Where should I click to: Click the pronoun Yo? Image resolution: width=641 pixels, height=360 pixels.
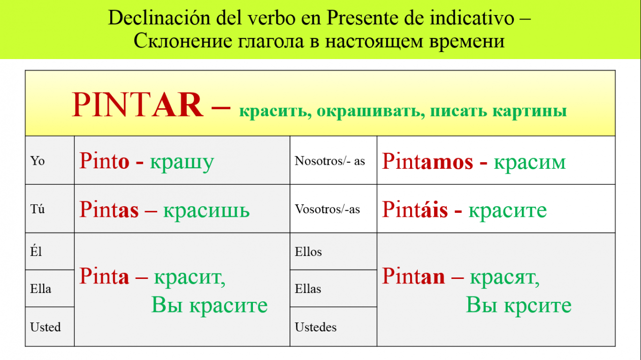pos(38,161)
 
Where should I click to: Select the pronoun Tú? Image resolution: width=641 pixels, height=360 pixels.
pos(38,209)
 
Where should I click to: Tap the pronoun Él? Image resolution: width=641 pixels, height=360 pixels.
pos(36,251)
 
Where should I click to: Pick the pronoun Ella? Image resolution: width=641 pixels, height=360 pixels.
pos(41,288)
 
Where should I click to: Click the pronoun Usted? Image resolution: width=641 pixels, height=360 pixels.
pos(46,327)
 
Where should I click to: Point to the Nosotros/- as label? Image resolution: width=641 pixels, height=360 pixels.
pos(330,161)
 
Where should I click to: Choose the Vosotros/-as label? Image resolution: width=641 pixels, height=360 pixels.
pos(328,209)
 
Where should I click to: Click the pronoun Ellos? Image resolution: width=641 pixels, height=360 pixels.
pos(308,251)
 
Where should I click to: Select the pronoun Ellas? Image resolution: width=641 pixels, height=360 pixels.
pos(308,288)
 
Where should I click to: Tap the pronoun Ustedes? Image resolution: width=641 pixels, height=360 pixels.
pos(315,327)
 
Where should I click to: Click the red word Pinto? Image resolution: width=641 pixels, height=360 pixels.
pos(104,161)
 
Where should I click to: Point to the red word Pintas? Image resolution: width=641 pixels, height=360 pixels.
pos(109,209)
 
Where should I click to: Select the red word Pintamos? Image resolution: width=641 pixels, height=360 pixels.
pos(428,161)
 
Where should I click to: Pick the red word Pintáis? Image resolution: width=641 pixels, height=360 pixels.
pos(415,209)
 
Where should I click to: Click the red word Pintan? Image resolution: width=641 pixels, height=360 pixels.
pos(414,276)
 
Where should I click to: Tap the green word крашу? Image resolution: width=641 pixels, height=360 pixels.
pos(182,163)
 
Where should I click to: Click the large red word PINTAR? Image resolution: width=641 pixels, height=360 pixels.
pos(138,105)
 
